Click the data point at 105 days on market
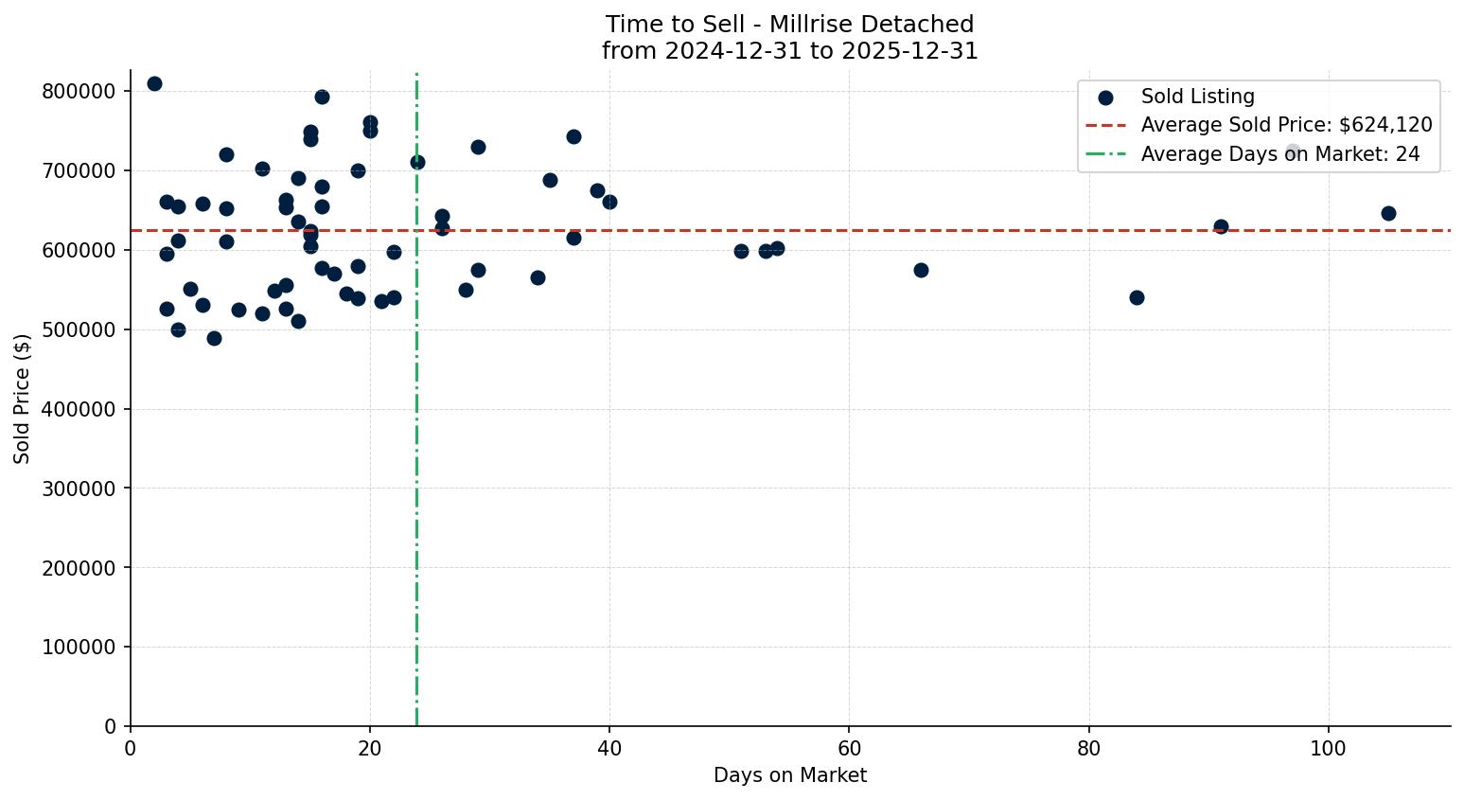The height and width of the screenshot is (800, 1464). pos(1388,213)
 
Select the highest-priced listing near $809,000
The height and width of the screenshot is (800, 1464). pos(154,83)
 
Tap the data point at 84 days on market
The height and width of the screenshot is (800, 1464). pos(1137,297)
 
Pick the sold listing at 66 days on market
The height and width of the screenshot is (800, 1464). pos(921,270)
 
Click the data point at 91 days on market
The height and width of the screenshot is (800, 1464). pos(1221,226)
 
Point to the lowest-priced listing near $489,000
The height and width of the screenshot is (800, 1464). pos(214,338)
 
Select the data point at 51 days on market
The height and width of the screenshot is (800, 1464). pos(741,251)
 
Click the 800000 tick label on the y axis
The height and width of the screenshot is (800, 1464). pos(79,91)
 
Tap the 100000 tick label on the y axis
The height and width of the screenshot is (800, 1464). pos(79,647)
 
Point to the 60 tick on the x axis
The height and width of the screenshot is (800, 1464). pos(849,748)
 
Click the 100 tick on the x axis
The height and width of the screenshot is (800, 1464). pos(1329,748)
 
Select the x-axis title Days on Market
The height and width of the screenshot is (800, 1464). pos(790,775)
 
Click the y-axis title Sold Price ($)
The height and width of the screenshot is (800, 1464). pos(23,398)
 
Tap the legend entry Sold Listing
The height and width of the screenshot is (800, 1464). pos(1197,97)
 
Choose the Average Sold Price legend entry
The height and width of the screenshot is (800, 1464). pos(1286,125)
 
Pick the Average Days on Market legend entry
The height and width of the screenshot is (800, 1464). pos(1279,154)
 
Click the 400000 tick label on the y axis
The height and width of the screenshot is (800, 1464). pos(79,409)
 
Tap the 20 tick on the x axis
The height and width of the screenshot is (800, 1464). pos(370,748)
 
